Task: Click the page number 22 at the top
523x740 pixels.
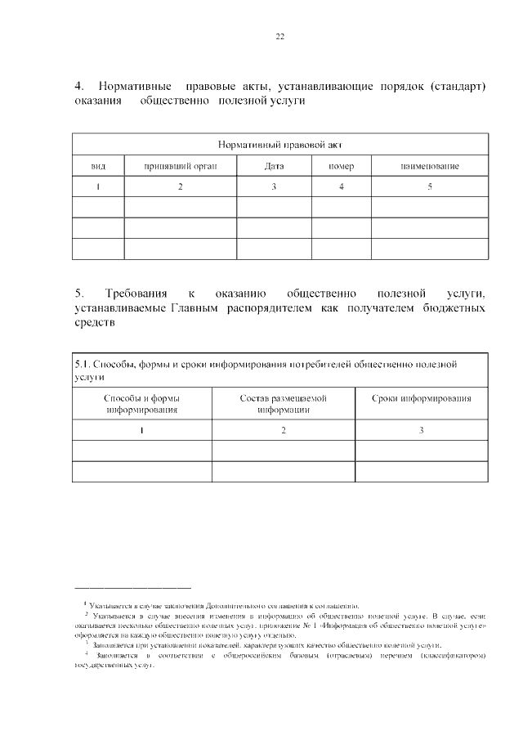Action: (279, 37)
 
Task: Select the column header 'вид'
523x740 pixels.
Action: (98, 166)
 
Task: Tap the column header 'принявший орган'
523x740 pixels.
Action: (180, 166)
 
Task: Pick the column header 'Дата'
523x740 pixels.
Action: (274, 166)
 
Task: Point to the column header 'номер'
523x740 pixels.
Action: (341, 166)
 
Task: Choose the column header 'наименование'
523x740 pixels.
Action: (429, 166)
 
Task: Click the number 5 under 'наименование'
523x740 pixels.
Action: (430, 187)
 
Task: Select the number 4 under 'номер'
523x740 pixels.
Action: (341, 187)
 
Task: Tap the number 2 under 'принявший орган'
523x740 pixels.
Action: (180, 187)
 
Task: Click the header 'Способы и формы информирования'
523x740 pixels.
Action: (141, 404)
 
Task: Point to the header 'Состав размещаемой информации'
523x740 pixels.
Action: (283, 404)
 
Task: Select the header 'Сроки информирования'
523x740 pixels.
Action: (421, 398)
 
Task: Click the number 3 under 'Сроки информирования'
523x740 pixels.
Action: (421, 430)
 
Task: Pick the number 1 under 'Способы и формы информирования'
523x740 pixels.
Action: (141, 430)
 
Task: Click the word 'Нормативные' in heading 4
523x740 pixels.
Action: (134, 86)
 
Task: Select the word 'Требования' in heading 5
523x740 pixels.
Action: (136, 293)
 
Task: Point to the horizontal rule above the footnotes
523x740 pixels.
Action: (132, 587)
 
